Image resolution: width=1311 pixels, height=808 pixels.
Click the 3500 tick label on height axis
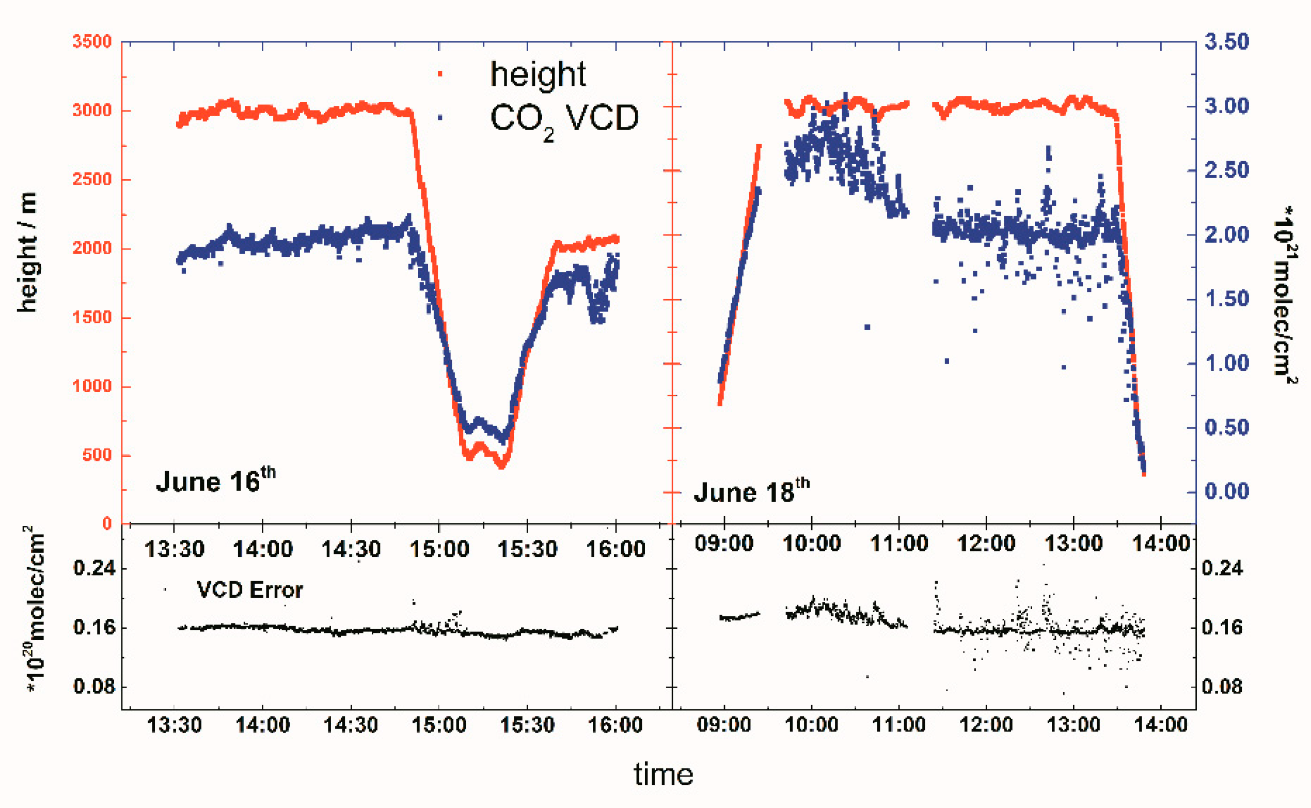[x=92, y=42]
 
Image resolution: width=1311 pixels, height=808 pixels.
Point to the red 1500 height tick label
[x=92, y=317]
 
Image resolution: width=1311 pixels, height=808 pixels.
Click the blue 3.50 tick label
[x=1227, y=42]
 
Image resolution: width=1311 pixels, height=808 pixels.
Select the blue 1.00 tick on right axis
[x=1227, y=363]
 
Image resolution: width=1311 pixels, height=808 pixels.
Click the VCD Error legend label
[x=249, y=590]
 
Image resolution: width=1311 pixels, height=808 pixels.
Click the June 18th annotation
[x=751, y=491]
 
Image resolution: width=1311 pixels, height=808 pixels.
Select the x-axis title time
[x=663, y=774]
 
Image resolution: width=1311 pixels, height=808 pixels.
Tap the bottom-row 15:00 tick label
[x=438, y=725]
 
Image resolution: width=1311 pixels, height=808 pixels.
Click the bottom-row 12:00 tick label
[x=986, y=725]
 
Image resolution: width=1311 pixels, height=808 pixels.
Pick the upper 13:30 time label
[x=174, y=549]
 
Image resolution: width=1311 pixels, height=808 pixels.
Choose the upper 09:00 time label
[x=723, y=543]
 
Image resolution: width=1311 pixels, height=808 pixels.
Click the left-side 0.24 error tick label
[x=94, y=568]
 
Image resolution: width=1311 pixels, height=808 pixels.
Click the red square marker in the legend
[x=440, y=74]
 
